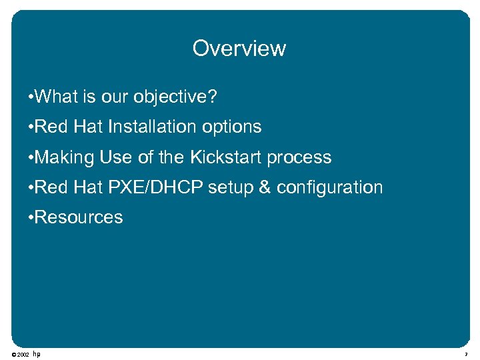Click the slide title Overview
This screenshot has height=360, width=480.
[x=239, y=49]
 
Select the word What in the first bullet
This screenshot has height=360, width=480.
[x=57, y=97]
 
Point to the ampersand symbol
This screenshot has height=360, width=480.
[x=265, y=187]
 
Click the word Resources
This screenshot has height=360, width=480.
[x=79, y=217]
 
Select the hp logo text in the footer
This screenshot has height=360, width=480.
[x=37, y=354]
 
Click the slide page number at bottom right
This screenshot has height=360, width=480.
[x=467, y=355]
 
